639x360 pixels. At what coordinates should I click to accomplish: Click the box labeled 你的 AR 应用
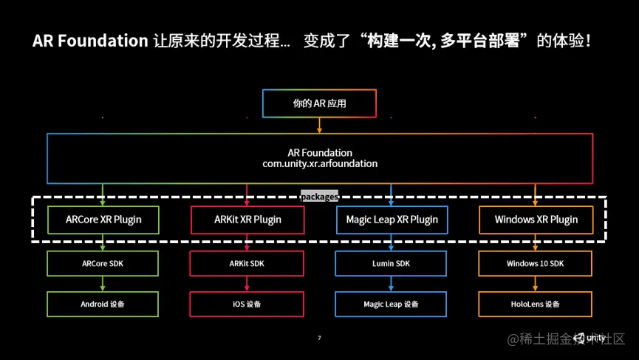click(319, 103)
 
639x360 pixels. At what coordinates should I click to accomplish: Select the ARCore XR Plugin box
click(103, 220)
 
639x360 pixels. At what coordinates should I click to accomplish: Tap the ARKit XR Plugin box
click(247, 220)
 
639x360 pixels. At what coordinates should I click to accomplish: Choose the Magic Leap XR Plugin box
click(391, 220)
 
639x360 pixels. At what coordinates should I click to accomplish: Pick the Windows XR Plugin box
click(536, 220)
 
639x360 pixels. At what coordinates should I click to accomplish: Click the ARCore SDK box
click(103, 263)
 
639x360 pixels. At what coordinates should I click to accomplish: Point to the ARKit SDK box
click(247, 263)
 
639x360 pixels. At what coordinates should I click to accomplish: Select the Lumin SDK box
click(391, 263)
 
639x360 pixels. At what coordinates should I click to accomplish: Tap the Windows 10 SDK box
click(536, 263)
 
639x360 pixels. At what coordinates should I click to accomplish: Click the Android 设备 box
click(103, 304)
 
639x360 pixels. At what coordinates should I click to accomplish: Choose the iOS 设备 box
click(247, 304)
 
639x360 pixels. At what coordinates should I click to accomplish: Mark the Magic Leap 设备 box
click(391, 304)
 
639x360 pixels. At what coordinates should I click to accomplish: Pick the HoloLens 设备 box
click(536, 304)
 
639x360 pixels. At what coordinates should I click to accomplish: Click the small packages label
click(319, 197)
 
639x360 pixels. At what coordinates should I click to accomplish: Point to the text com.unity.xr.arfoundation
click(319, 163)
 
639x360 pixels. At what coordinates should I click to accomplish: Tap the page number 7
click(319, 338)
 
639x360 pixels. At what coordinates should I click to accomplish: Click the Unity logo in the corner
click(591, 338)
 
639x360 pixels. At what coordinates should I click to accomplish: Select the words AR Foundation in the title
click(90, 41)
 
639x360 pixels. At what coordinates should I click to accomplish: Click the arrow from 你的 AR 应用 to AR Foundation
click(319, 126)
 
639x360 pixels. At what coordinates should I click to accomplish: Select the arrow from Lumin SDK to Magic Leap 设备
click(391, 284)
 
